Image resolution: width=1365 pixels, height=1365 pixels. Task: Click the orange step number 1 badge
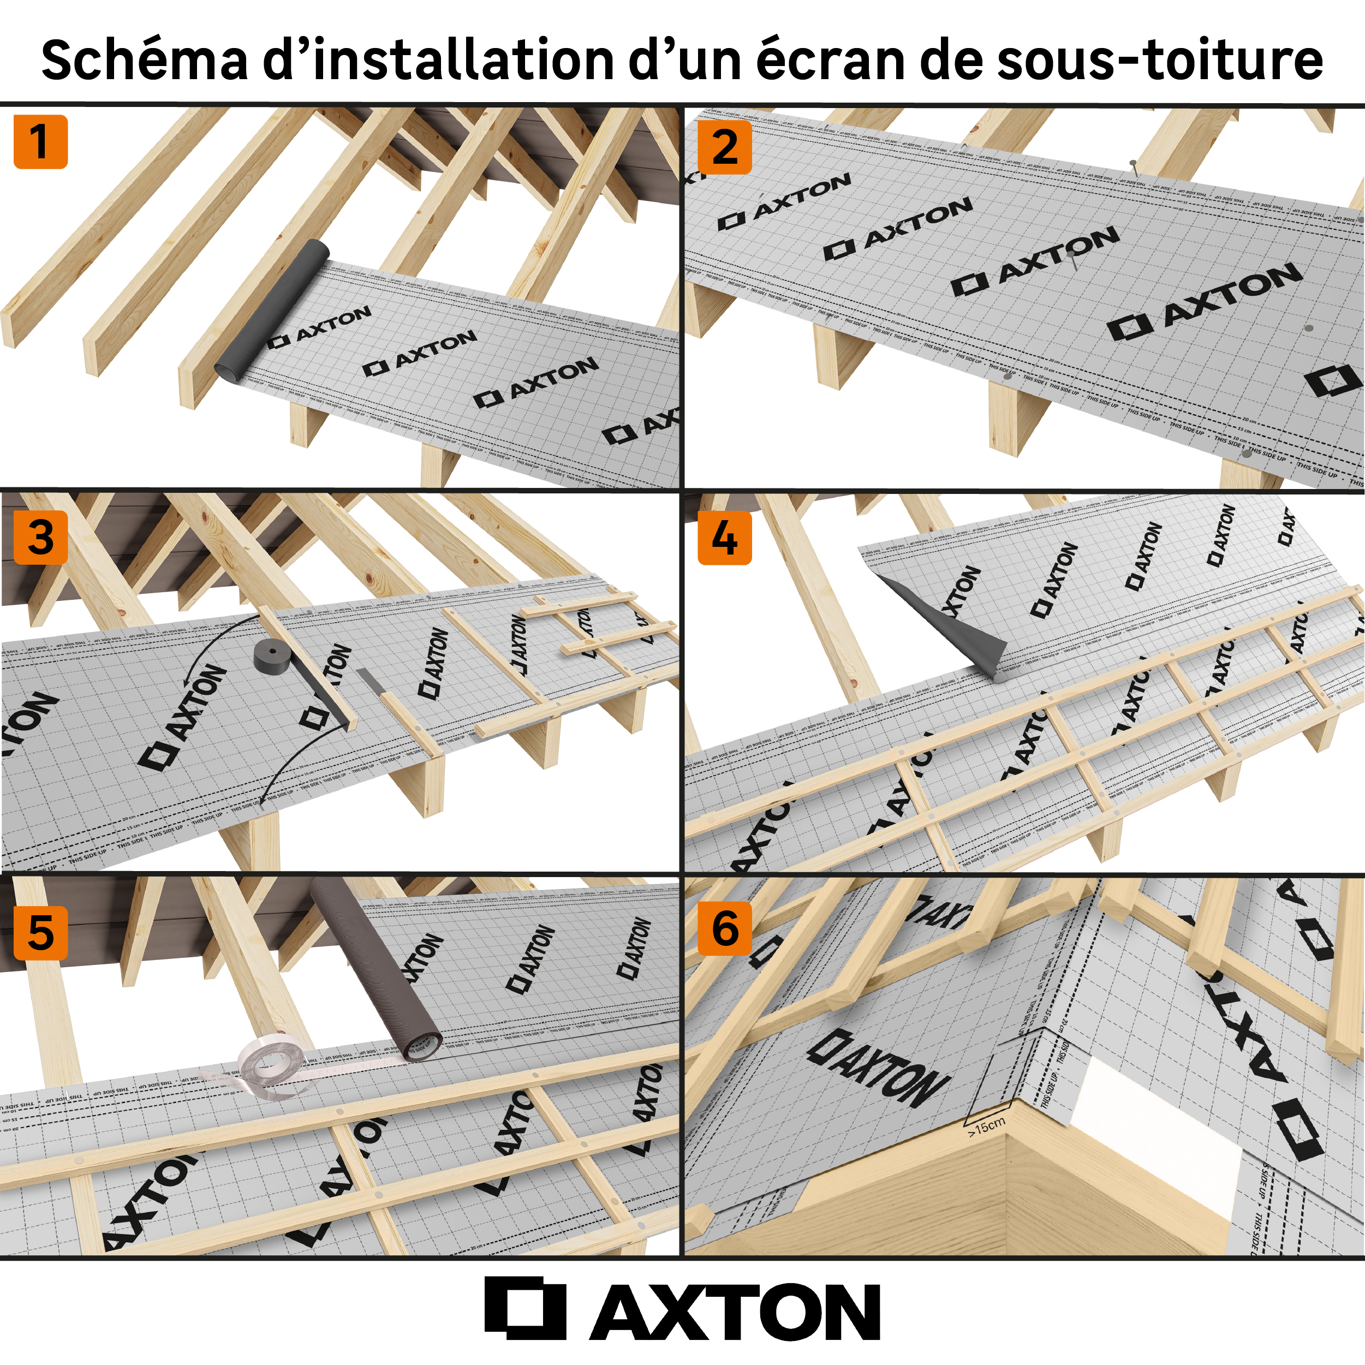[40, 142]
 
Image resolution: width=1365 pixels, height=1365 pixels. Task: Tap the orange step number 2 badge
[724, 147]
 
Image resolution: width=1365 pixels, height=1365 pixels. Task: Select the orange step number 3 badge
[40, 537]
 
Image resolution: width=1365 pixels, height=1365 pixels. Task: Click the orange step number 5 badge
[40, 933]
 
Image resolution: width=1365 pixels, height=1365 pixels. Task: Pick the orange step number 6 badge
[724, 929]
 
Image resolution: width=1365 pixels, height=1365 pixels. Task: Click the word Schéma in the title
[145, 59]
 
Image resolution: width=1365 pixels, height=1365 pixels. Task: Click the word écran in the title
[830, 59]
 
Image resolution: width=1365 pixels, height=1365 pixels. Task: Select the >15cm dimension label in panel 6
[986, 1126]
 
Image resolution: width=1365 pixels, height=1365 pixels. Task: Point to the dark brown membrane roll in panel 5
[374, 968]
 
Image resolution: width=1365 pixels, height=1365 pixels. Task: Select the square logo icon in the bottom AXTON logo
[525, 1308]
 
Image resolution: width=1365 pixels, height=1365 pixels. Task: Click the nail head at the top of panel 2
[1132, 163]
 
